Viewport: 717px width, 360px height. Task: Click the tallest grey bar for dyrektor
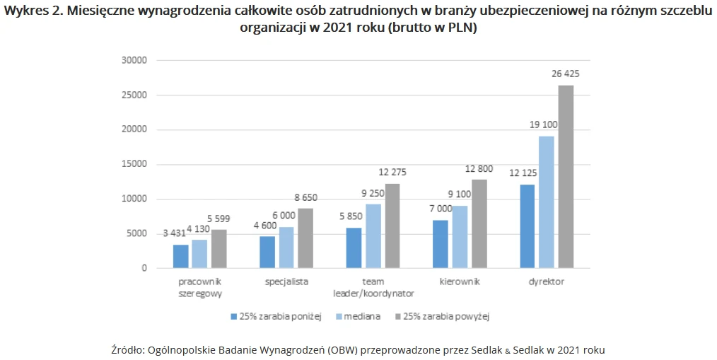click(x=566, y=177)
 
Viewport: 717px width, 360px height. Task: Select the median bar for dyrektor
click(x=547, y=202)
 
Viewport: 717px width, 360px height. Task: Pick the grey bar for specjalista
click(x=305, y=238)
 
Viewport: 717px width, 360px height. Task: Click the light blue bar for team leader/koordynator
click(x=373, y=236)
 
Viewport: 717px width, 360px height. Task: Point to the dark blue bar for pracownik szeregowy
click(x=181, y=256)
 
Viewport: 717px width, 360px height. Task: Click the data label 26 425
click(x=565, y=74)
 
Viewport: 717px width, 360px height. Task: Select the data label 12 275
click(x=392, y=172)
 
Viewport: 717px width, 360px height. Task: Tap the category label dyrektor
click(x=546, y=281)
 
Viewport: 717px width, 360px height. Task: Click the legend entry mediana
click(x=362, y=316)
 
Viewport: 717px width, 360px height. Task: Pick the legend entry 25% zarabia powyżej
click(x=445, y=316)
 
